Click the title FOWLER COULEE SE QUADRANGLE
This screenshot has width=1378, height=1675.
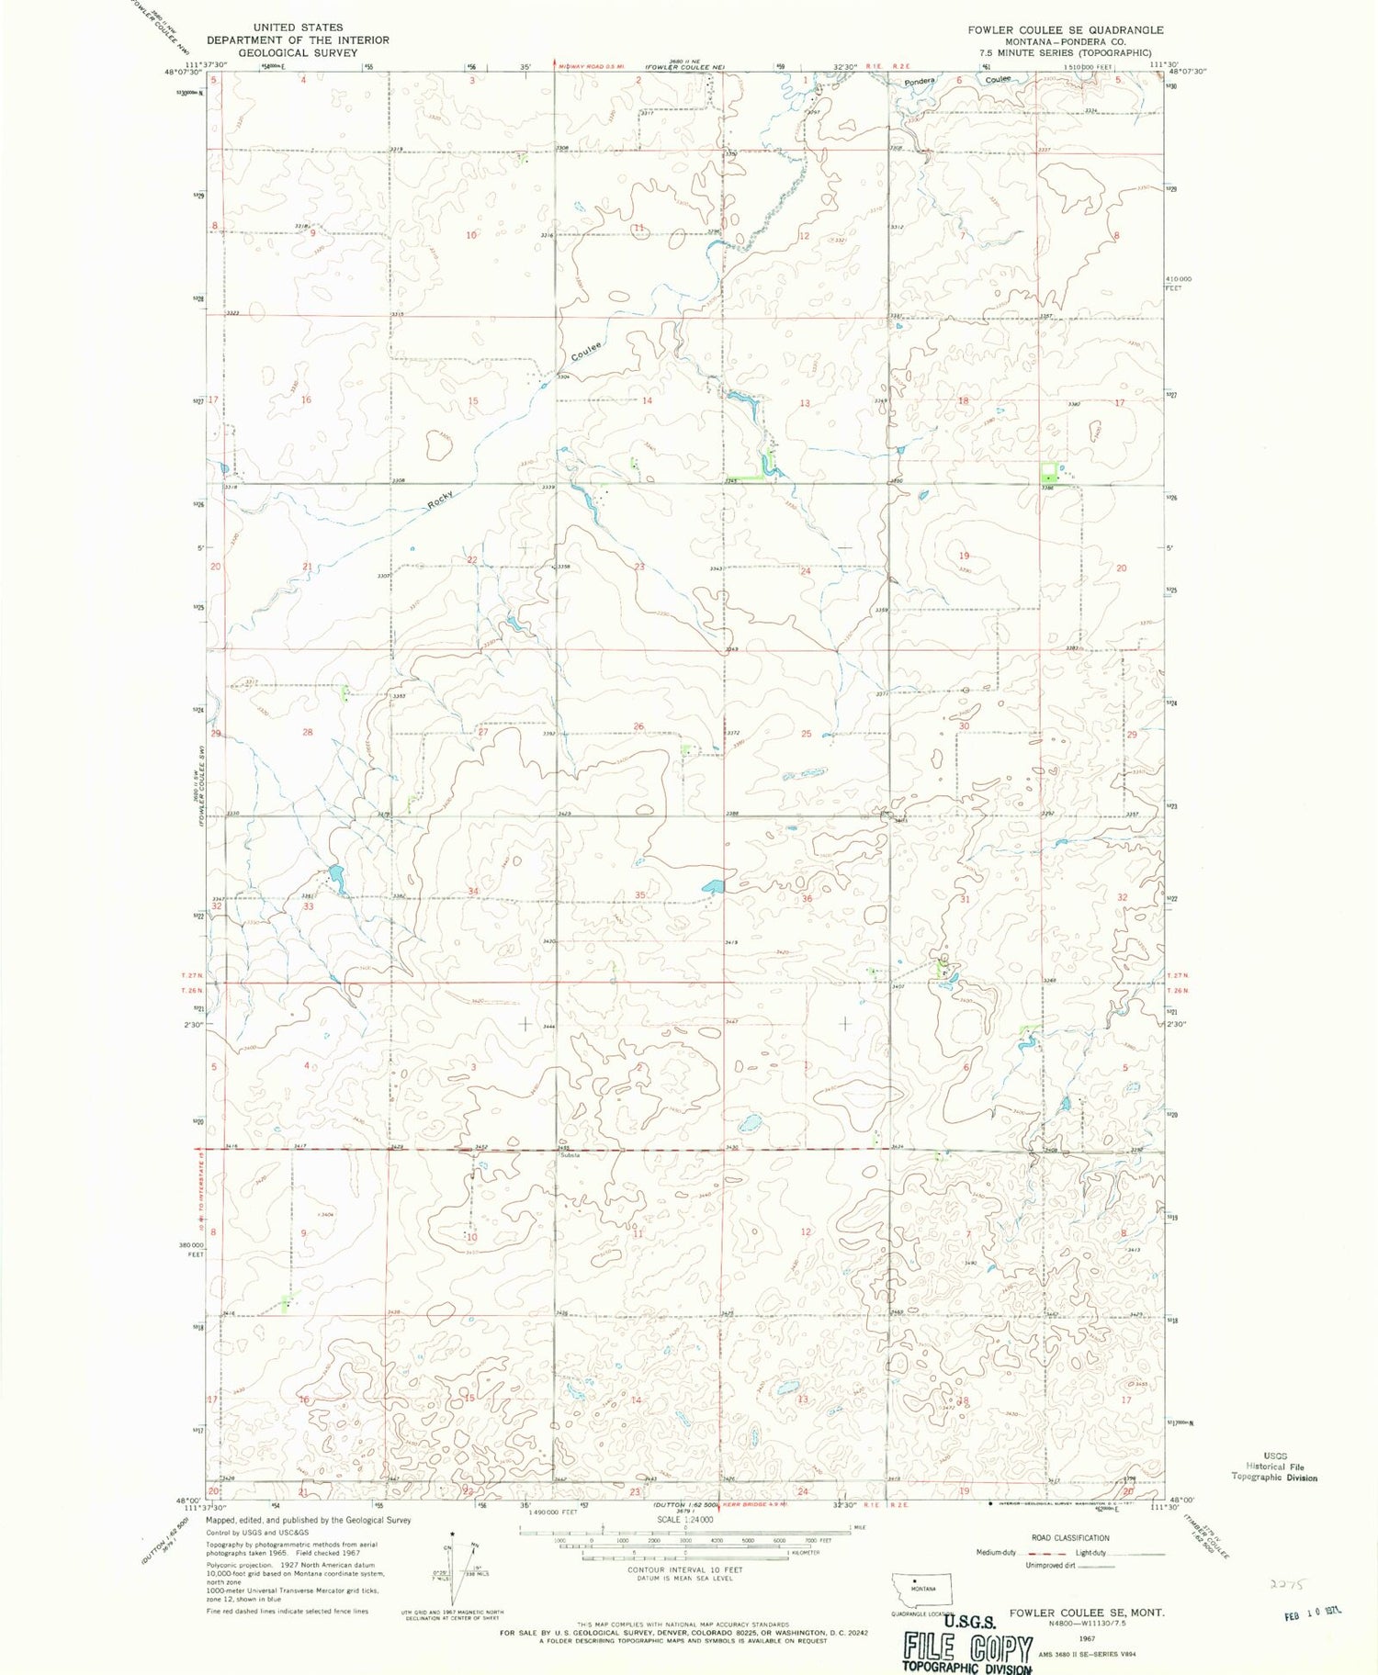(1065, 29)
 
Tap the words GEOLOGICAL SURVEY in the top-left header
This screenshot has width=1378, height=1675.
(298, 53)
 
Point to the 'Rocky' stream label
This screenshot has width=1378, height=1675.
(441, 500)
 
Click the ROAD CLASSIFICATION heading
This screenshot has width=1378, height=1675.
(1070, 1537)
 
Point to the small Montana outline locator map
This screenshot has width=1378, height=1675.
(922, 1590)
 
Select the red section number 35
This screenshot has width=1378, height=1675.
(640, 894)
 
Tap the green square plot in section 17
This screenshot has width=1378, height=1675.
(1048, 475)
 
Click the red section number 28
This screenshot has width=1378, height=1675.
(308, 732)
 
